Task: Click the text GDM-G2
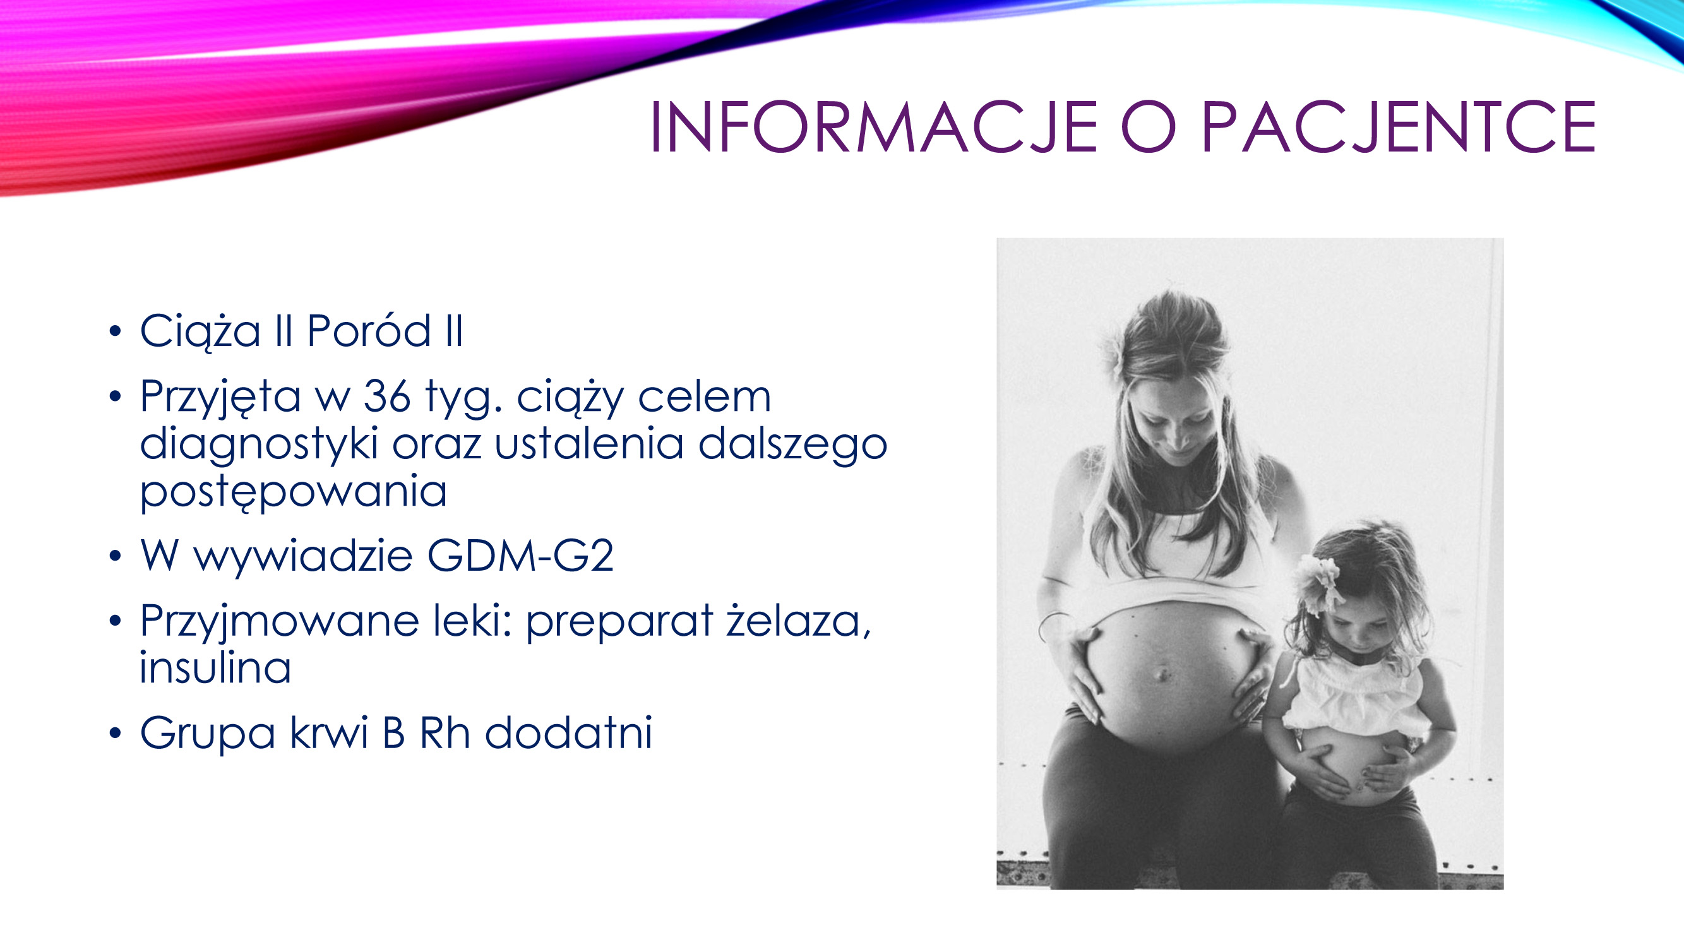click(520, 556)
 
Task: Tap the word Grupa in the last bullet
click(207, 733)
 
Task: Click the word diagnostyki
click(259, 445)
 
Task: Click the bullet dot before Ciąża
click(116, 331)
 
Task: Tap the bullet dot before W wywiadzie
click(116, 556)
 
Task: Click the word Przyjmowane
click(279, 621)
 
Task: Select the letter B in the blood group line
click(393, 732)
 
